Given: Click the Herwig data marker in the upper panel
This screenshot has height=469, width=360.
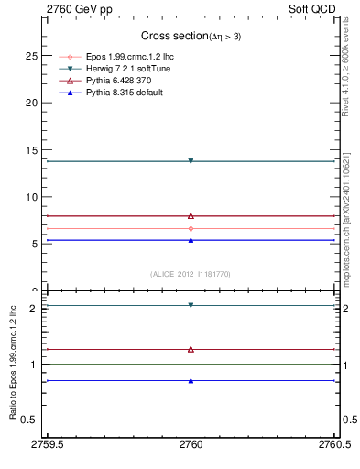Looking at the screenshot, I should click(x=191, y=161).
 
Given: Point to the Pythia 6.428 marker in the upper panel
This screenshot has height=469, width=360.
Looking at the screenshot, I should click(x=191, y=215).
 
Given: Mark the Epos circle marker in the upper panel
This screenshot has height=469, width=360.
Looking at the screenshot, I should click(x=191, y=228).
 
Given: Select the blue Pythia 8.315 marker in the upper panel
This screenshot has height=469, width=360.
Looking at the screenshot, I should click(x=191, y=240).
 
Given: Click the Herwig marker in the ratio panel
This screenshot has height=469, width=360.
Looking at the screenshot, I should click(x=191, y=305).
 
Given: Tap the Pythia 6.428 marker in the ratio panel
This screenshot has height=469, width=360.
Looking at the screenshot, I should click(x=191, y=349).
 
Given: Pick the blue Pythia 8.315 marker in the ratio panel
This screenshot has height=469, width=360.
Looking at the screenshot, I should click(x=191, y=380).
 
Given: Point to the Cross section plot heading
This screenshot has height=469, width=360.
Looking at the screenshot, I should click(x=191, y=36).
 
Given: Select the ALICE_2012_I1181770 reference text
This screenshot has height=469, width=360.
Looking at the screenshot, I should click(x=191, y=273).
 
